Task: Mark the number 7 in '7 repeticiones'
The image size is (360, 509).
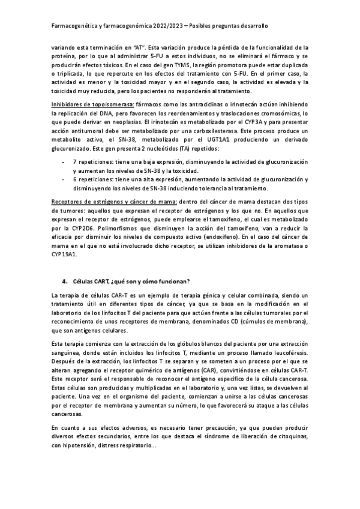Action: point(74,162)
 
